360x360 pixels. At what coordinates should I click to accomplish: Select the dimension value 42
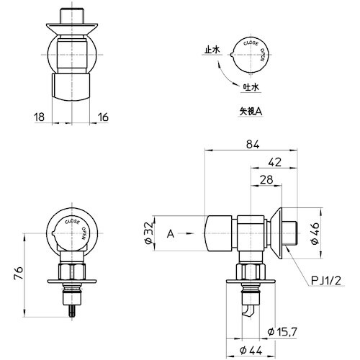(x=274, y=162)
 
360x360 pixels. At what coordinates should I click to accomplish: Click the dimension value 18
(x=39, y=115)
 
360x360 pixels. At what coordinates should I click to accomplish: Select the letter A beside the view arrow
(x=170, y=233)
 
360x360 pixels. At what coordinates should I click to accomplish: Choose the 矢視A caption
(x=251, y=112)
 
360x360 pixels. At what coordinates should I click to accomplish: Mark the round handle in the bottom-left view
(x=73, y=232)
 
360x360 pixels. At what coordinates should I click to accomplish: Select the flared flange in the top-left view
(x=72, y=31)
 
